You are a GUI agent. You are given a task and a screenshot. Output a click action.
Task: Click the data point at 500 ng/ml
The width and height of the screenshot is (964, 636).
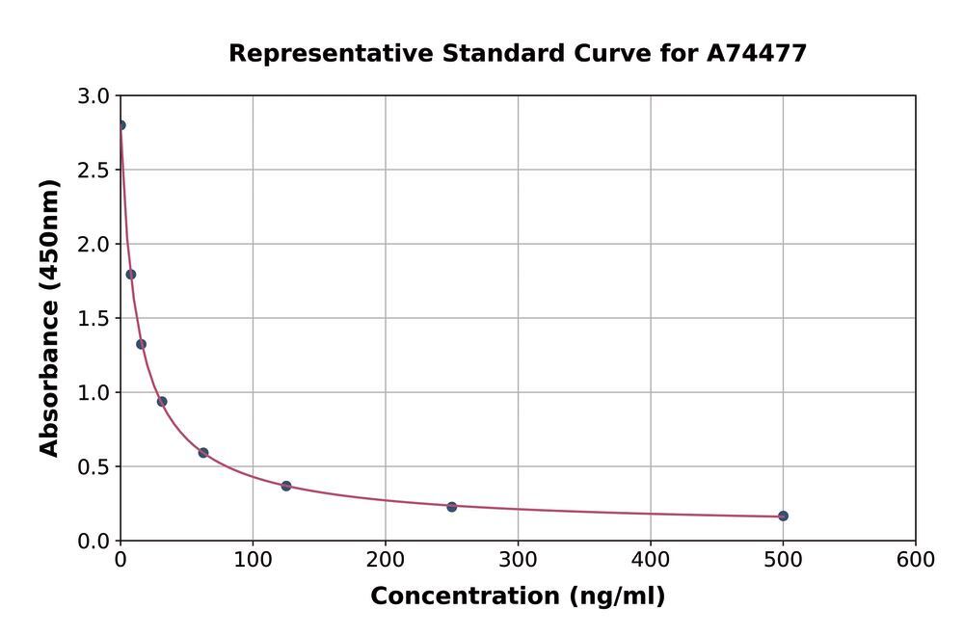pyautogui.click(x=783, y=517)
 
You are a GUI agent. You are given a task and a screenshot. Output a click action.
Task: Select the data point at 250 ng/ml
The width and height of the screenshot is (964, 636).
pyautogui.click(x=451, y=507)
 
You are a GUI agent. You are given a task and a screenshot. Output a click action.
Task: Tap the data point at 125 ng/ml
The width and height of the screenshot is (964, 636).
pyautogui.click(x=286, y=486)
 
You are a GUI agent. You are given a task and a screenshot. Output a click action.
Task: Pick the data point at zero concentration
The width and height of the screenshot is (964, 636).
pyautogui.click(x=120, y=125)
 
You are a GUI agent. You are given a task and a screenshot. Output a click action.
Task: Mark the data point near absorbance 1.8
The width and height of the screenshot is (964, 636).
pyautogui.click(x=131, y=275)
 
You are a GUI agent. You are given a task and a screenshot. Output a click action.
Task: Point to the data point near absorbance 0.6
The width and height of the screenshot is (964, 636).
pyautogui.click(x=203, y=453)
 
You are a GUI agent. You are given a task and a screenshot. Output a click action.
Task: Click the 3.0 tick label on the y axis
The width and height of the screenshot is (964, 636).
pyautogui.click(x=94, y=96)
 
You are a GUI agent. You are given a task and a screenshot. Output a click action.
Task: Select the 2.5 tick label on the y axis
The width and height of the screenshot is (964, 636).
pyautogui.click(x=94, y=171)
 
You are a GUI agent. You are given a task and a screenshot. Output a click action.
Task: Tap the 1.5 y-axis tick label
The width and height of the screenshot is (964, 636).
pyautogui.click(x=94, y=319)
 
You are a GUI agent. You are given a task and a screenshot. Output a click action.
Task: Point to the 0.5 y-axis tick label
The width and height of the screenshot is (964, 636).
pyautogui.click(x=94, y=467)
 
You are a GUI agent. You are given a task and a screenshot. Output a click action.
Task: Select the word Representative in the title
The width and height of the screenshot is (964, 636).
pyautogui.click(x=331, y=54)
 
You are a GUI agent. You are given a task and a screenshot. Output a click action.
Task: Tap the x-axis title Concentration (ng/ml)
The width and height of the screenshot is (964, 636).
pyautogui.click(x=518, y=596)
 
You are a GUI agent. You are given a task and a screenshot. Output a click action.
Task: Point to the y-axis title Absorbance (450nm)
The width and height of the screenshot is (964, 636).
pyautogui.click(x=50, y=318)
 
